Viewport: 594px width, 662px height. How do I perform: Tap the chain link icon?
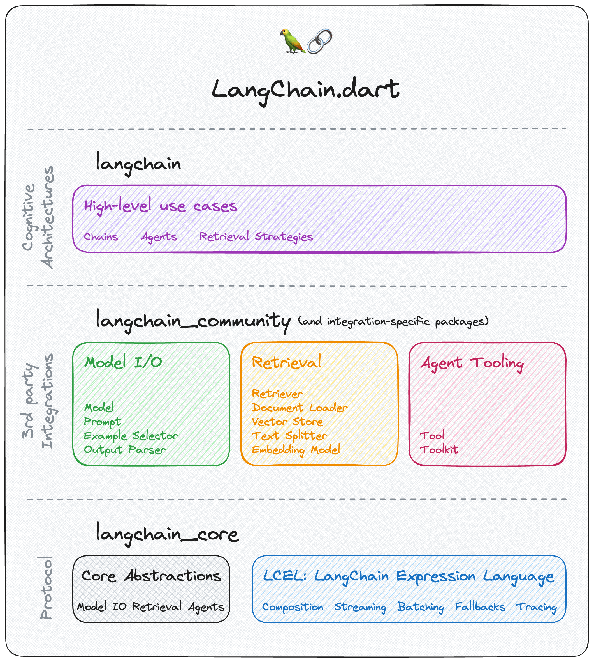click(319, 41)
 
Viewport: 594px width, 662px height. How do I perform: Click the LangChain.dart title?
click(305, 90)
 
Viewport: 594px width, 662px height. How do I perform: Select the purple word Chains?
click(101, 236)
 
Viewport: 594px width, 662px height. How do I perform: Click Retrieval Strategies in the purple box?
click(256, 236)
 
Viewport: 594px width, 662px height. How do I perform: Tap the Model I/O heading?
click(123, 362)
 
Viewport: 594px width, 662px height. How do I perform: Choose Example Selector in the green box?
click(131, 436)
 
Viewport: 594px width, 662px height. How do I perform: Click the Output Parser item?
click(125, 450)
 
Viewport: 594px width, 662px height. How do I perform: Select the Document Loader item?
click(300, 408)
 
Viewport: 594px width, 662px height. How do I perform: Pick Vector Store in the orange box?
click(287, 422)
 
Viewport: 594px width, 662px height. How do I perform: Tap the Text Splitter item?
click(289, 436)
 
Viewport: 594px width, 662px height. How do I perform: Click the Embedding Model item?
click(296, 450)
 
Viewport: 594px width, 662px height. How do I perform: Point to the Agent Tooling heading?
click(472, 363)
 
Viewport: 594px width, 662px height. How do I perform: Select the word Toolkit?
click(439, 450)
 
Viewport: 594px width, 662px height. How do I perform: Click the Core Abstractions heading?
click(151, 576)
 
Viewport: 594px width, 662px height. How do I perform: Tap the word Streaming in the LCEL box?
click(360, 607)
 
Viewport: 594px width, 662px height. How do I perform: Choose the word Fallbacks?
click(480, 607)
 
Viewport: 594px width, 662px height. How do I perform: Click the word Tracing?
click(536, 607)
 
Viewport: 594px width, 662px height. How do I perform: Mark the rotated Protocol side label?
click(46, 588)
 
